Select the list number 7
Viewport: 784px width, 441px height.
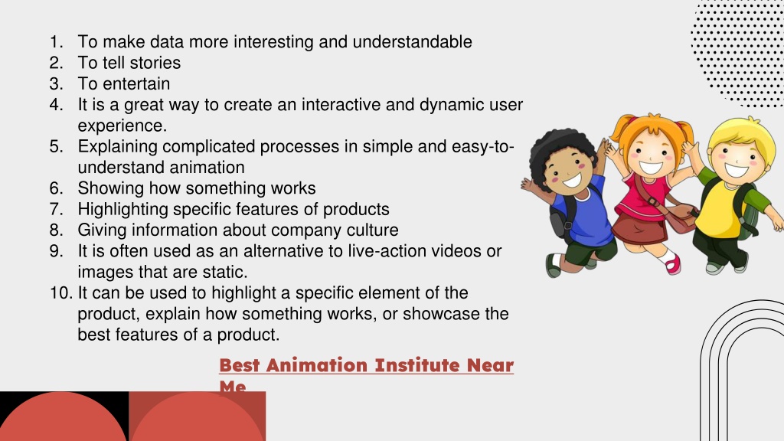56,209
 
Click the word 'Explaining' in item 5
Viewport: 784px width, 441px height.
117,147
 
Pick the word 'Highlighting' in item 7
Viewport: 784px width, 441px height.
123,210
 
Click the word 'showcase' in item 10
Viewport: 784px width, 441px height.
433,314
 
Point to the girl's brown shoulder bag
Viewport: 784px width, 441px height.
680,218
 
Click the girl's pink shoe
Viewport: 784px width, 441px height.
673,265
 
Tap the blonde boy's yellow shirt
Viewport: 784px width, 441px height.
719,210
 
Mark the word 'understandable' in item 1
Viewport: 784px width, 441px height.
412,41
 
